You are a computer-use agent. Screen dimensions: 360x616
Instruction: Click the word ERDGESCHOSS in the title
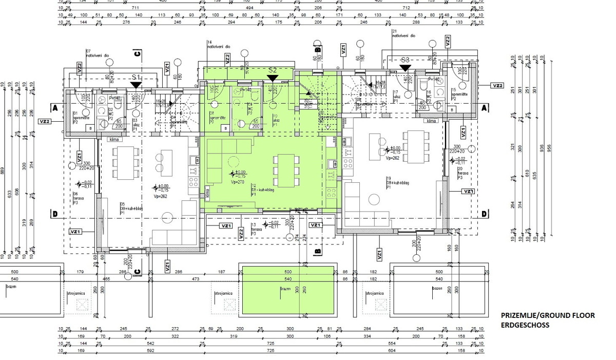point(525,325)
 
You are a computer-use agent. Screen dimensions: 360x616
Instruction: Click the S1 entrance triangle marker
point(136,85)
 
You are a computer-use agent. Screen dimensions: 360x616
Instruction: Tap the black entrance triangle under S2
point(273,78)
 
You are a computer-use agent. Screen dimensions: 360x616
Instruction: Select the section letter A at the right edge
point(484,108)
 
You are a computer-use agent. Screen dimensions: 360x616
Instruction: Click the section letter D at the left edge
point(53,214)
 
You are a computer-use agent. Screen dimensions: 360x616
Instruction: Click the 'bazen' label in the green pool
point(285,289)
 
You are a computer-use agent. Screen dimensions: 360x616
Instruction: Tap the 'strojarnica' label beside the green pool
point(224,293)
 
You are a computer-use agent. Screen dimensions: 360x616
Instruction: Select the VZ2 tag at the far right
point(497,85)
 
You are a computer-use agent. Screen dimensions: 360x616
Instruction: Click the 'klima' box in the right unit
point(431,121)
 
